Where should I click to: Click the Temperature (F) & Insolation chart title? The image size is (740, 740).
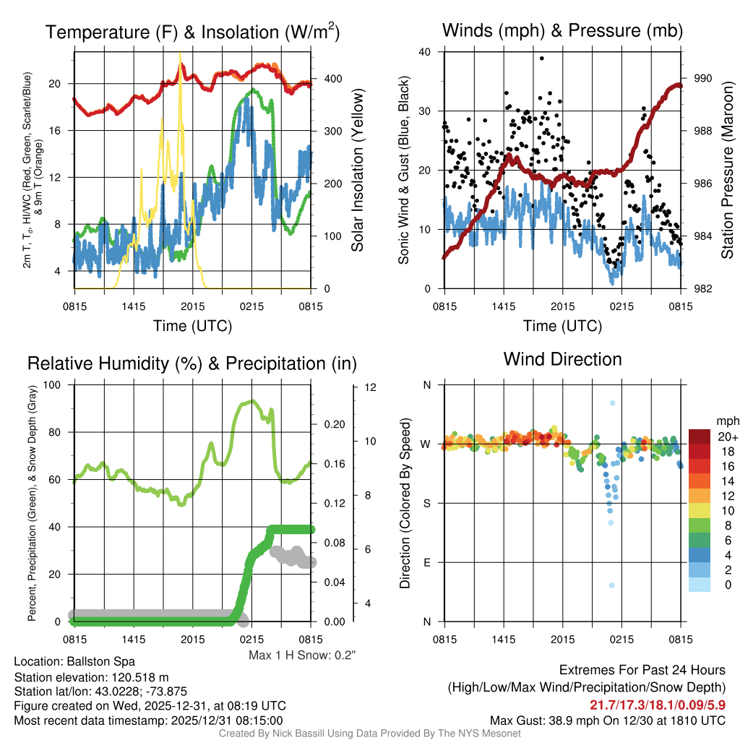(x=192, y=32)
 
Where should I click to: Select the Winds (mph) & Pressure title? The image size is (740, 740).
(x=562, y=30)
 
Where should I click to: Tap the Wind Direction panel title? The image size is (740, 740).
(x=562, y=359)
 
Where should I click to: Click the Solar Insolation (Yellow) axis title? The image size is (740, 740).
(x=357, y=171)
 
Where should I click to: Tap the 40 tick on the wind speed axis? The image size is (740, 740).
(x=425, y=52)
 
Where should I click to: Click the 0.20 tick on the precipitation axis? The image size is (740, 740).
(x=333, y=425)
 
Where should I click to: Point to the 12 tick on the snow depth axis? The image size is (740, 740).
(x=371, y=388)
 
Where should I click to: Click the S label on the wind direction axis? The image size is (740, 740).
(x=426, y=503)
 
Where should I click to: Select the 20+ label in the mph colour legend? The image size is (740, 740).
(x=727, y=436)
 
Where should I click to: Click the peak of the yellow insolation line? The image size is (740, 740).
(x=180, y=53)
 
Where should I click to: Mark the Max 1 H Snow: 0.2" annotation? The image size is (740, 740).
(x=302, y=655)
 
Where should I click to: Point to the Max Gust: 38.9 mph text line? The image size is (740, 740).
(x=608, y=720)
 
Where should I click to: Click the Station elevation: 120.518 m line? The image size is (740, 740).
(x=91, y=677)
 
